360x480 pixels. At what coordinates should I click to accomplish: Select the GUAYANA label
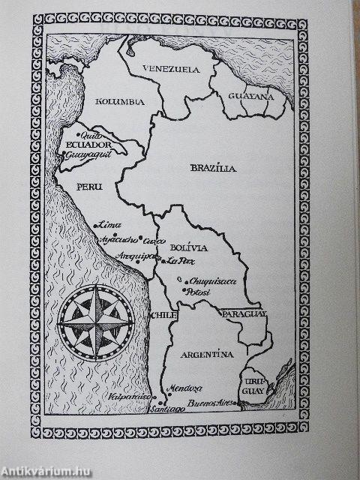[252, 97]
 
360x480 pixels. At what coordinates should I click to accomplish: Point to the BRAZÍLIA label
[212, 169]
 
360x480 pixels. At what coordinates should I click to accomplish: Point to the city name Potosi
[198, 291]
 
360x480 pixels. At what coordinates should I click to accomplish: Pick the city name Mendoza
[186, 388]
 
